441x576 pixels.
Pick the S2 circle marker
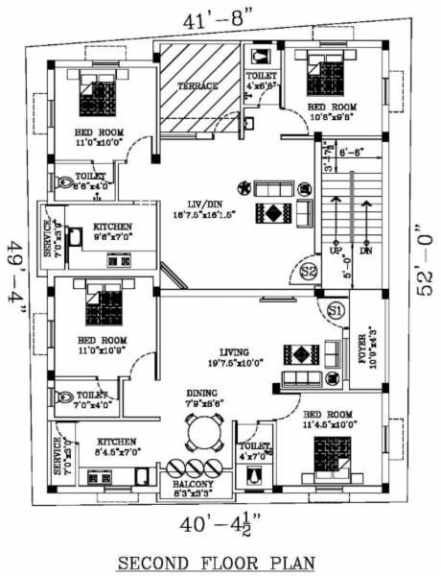click(x=309, y=272)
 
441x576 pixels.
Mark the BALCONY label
click(x=193, y=485)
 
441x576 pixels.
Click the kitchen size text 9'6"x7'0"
click(x=112, y=238)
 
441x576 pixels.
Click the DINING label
click(x=201, y=393)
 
